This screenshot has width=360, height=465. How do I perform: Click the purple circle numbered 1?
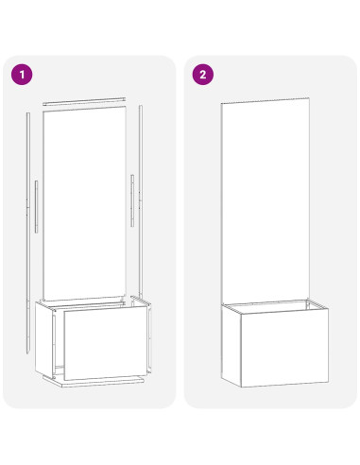(22, 75)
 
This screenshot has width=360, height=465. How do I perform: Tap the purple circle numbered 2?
(203, 75)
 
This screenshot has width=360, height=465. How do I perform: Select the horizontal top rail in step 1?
(84, 101)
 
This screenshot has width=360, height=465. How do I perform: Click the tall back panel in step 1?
(84, 203)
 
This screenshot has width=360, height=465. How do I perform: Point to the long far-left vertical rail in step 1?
(28, 233)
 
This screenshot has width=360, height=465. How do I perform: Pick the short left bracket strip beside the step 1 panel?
(37, 207)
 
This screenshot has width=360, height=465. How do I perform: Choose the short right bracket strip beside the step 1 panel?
(132, 200)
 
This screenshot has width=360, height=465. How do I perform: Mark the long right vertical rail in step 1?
(141, 201)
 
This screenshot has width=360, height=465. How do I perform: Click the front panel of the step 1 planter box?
(106, 343)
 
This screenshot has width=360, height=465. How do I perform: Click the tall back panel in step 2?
(266, 201)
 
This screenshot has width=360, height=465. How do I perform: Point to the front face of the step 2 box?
(284, 348)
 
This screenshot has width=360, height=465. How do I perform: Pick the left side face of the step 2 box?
(231, 346)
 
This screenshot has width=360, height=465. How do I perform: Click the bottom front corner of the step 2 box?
(241, 387)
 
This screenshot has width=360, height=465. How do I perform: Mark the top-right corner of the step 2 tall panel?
(309, 97)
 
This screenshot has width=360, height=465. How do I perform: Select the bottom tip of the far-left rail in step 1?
(28, 353)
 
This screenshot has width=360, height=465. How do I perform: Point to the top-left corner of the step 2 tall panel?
(221, 103)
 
